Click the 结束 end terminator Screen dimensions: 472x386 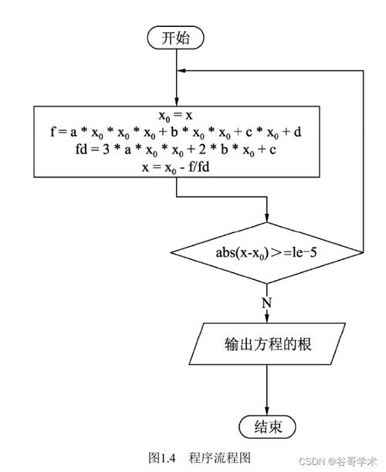[266, 427]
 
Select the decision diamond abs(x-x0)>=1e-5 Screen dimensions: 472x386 [266, 252]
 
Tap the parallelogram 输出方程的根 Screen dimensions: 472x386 [266, 343]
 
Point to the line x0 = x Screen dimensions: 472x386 [178, 116]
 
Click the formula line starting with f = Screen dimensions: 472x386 [178, 132]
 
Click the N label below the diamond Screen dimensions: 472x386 [267, 302]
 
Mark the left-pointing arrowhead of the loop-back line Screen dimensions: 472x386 [182, 70]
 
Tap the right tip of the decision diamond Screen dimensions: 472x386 [362, 252]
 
